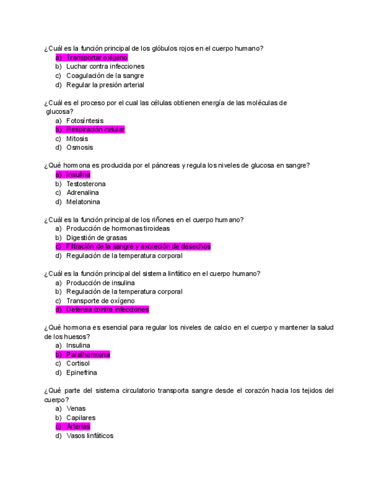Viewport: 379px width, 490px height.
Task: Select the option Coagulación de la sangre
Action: point(105,76)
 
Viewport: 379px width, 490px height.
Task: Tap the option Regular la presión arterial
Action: point(105,85)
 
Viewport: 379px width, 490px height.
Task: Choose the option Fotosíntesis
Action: point(84,121)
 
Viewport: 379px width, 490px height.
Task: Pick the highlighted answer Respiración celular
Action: point(95,129)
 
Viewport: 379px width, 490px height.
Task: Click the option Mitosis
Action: point(77,139)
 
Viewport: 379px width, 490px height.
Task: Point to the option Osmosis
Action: point(79,147)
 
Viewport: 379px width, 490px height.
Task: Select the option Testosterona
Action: point(86,184)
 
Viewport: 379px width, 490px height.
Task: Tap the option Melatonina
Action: point(83,202)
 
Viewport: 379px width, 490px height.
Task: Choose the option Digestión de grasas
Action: point(96,237)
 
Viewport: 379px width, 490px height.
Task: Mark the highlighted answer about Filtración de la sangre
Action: point(138,246)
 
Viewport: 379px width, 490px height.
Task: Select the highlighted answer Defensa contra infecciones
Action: point(107,310)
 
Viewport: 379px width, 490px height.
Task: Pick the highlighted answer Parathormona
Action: point(87,355)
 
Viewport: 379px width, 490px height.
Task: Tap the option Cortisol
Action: point(78,363)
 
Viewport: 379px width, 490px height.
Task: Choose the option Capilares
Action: point(80,418)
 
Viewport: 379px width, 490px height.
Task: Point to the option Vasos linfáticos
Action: point(90,436)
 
